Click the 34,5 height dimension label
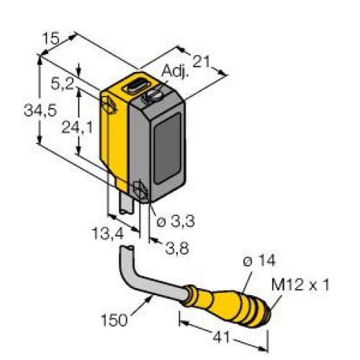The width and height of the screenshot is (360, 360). pyautogui.click(x=40, y=111)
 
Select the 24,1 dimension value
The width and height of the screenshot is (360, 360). pyautogui.click(x=77, y=127)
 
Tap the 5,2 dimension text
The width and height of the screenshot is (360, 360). pyautogui.click(x=63, y=84)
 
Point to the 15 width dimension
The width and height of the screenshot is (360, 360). pyautogui.click(x=50, y=38)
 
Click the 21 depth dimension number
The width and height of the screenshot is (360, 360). pyautogui.click(x=202, y=62)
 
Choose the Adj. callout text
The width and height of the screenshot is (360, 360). pyautogui.click(x=174, y=71)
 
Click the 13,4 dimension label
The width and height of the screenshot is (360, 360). pyautogui.click(x=108, y=234)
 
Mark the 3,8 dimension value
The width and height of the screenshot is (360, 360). pyautogui.click(x=177, y=248)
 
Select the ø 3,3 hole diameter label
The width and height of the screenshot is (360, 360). pyautogui.click(x=176, y=221)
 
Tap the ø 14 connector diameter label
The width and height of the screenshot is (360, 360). pyautogui.click(x=259, y=261)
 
